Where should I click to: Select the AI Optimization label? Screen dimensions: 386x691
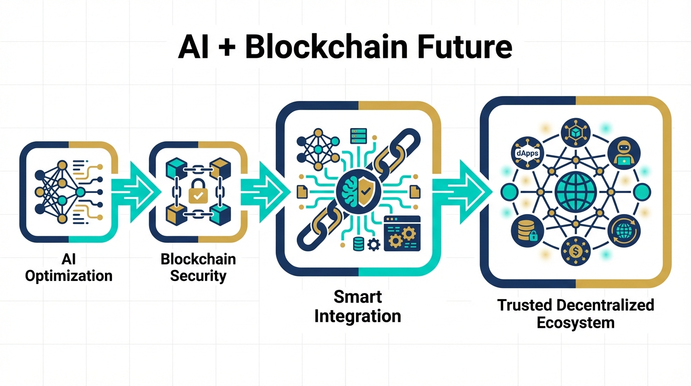[69, 268]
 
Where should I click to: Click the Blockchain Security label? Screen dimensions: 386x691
[198, 267]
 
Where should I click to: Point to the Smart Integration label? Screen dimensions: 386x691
[358, 307]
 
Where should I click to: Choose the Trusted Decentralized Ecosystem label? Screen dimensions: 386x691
[575, 313]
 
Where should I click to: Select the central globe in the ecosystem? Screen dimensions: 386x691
[575, 191]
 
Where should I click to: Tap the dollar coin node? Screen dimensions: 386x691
[575, 250]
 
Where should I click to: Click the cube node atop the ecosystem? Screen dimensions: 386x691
[575, 133]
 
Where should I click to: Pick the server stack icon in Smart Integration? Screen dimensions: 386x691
[359, 136]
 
